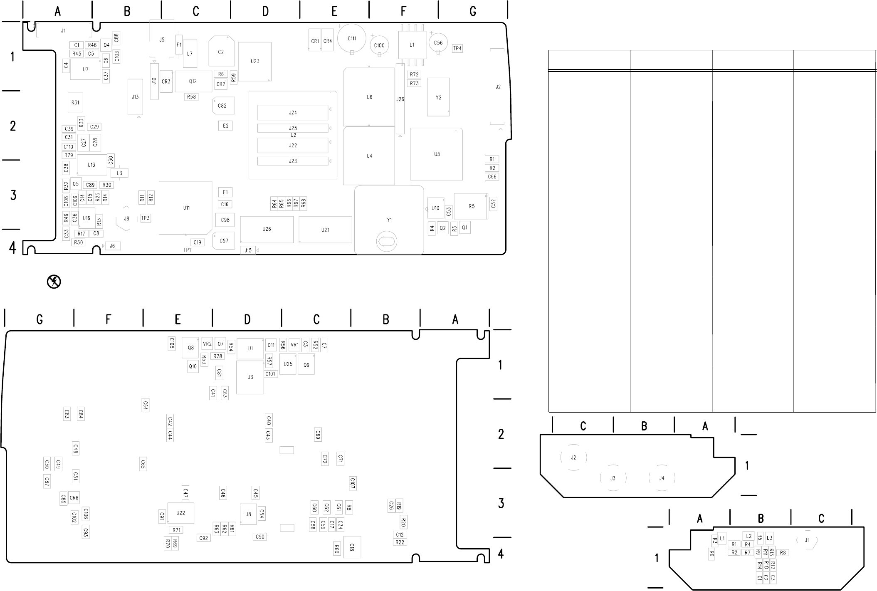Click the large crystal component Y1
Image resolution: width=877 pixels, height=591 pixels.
[x=389, y=220]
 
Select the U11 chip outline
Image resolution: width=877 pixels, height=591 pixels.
[x=186, y=208]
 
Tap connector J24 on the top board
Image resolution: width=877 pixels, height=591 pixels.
[x=293, y=112]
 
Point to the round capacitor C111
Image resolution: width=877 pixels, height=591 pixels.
[x=352, y=38]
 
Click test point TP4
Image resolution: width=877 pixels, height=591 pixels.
[x=457, y=48]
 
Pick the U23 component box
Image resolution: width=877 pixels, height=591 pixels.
[x=255, y=61]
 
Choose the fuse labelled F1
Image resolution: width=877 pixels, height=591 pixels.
[x=179, y=45]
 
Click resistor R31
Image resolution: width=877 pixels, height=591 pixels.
[x=75, y=102]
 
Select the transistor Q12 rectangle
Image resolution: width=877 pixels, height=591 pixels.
[x=193, y=81]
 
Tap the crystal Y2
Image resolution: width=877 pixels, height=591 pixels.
[x=438, y=97]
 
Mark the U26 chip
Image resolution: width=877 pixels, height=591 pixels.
[x=267, y=229]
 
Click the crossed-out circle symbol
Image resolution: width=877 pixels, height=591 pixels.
[x=54, y=282]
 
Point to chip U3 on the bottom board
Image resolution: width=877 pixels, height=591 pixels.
[x=250, y=377]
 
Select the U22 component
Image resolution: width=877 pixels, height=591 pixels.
[x=180, y=513]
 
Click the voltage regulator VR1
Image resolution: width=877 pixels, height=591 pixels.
[x=294, y=345]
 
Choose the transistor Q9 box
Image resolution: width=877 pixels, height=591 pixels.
[x=306, y=365]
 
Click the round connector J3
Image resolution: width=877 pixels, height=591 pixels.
[x=613, y=478]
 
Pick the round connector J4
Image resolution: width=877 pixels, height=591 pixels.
[x=662, y=478]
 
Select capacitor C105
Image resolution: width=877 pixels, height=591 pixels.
[x=172, y=343]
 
